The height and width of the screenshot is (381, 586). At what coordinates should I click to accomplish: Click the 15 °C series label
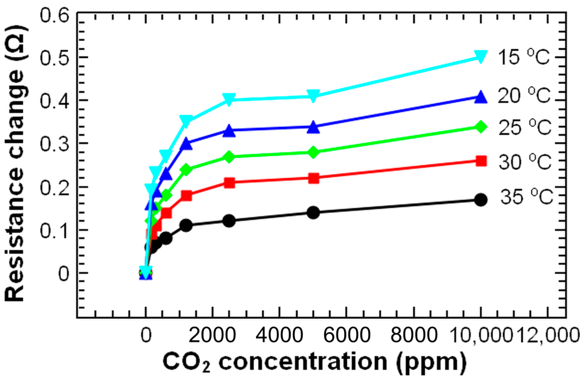(x=523, y=57)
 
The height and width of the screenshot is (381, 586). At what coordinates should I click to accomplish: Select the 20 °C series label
(x=524, y=96)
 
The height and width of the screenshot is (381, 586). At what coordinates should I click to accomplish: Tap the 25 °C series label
(x=525, y=128)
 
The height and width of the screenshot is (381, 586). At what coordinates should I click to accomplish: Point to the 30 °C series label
(x=525, y=162)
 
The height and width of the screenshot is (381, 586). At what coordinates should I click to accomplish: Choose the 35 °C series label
(x=526, y=197)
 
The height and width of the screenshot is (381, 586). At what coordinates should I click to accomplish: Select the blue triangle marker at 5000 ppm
(x=313, y=127)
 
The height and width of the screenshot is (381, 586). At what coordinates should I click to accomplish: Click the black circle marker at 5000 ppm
(x=313, y=213)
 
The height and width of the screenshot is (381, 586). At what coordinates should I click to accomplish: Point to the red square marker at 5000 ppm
(x=314, y=178)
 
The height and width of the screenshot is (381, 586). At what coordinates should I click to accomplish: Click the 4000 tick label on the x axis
(x=279, y=335)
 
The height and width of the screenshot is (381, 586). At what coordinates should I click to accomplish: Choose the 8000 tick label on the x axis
(x=414, y=335)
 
